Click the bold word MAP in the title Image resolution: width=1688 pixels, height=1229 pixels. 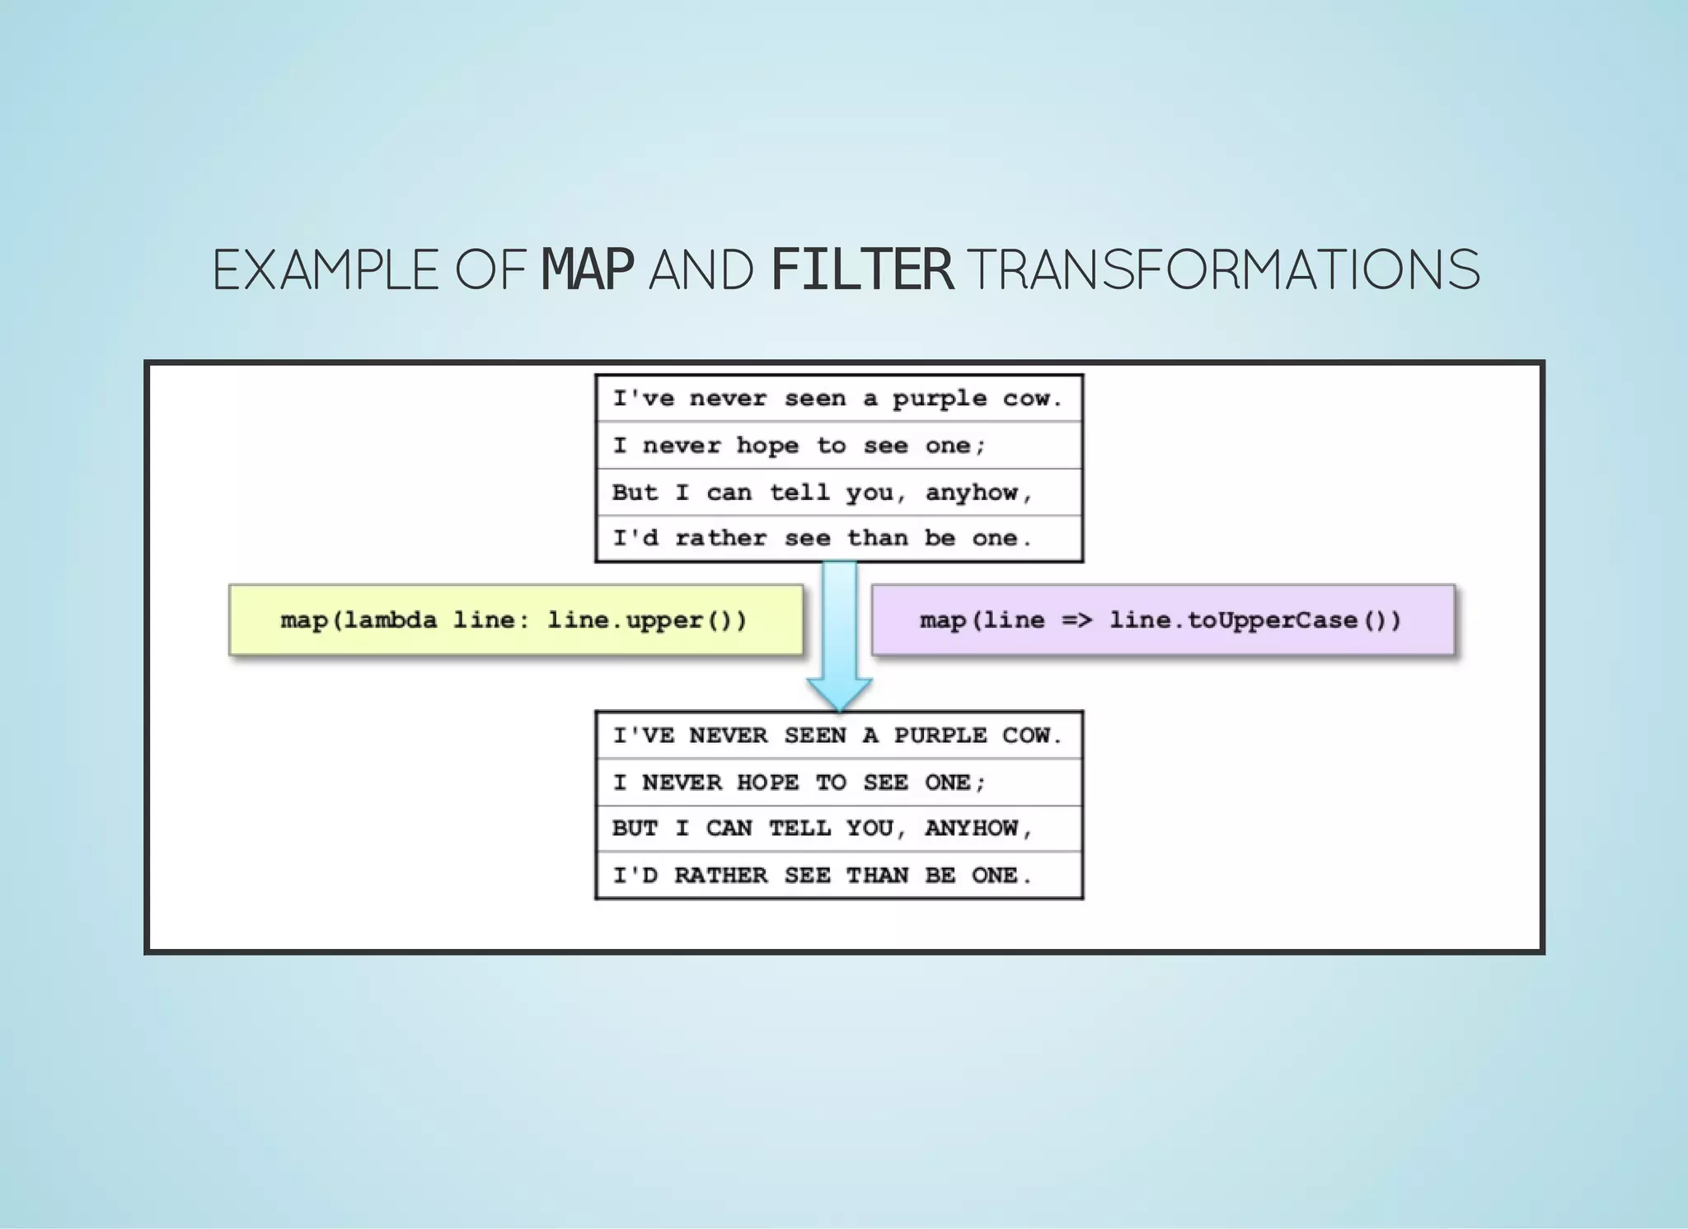[x=587, y=269]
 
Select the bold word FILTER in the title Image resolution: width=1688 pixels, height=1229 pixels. [x=862, y=269]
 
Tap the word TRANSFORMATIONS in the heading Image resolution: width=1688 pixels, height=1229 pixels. [x=1223, y=269]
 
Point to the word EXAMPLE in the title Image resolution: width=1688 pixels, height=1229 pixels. [x=326, y=269]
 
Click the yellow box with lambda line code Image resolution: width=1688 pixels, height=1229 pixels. [x=515, y=620]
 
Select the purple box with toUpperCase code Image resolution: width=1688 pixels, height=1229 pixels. [x=1162, y=620]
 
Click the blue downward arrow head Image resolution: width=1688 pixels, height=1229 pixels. [x=839, y=693]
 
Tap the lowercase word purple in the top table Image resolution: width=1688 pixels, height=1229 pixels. [x=940, y=400]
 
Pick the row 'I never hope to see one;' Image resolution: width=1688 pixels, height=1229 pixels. [x=838, y=446]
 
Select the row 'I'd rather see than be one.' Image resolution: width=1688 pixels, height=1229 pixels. [x=838, y=539]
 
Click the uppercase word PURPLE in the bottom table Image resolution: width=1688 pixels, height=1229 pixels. [x=940, y=735]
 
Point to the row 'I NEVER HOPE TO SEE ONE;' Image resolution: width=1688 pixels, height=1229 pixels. [x=838, y=782]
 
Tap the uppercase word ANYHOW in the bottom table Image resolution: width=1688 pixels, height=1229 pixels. [x=972, y=828]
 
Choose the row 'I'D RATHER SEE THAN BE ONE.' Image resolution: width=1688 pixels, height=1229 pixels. [x=838, y=875]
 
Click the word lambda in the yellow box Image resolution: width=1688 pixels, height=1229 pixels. [x=390, y=619]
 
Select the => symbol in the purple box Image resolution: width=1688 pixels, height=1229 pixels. [x=1076, y=619]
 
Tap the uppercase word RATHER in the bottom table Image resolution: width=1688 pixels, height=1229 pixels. [x=720, y=875]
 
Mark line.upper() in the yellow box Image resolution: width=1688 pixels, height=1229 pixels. [x=647, y=619]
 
